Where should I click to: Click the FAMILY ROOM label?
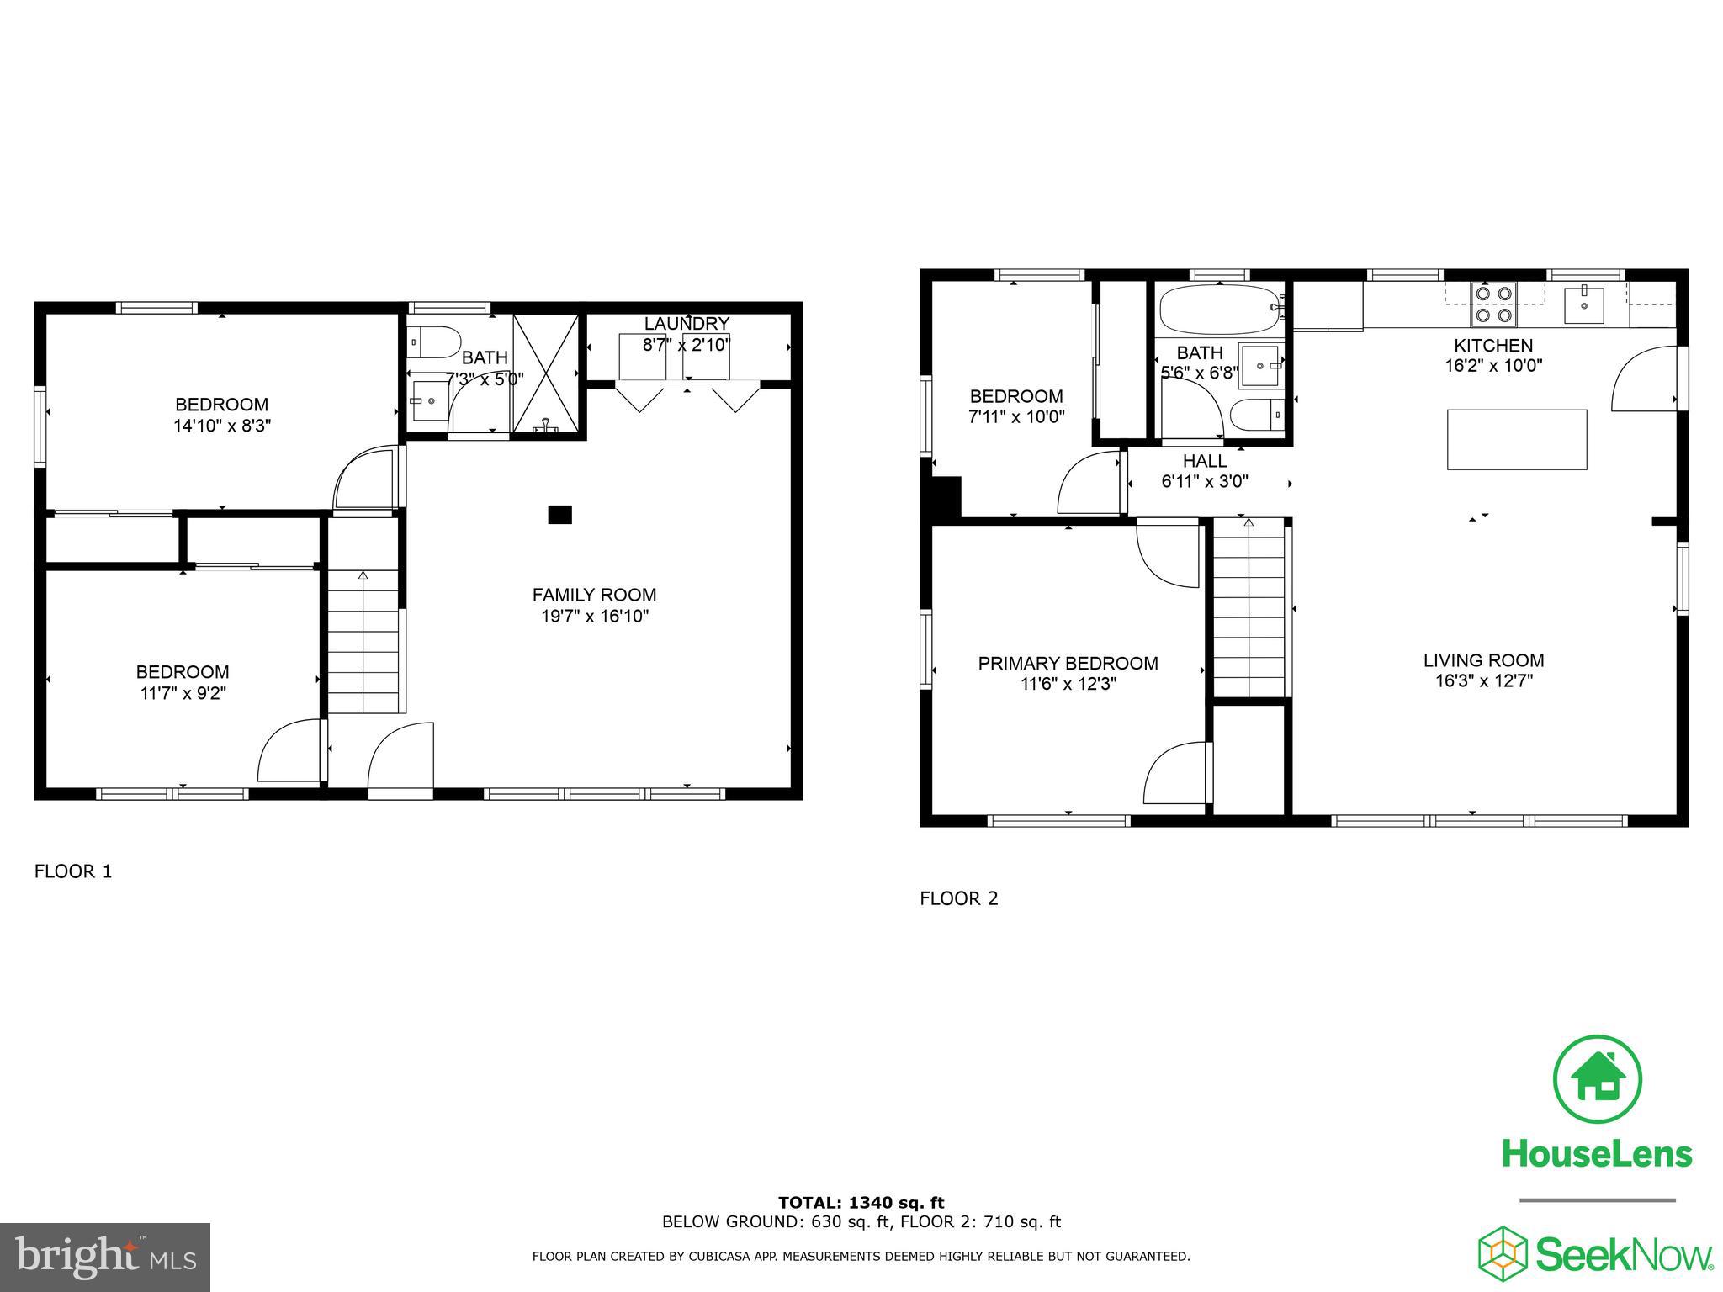tap(594, 595)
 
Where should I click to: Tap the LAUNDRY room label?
tap(687, 324)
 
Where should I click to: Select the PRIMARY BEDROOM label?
tap(1068, 664)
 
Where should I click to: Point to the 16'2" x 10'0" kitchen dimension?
tap(1493, 366)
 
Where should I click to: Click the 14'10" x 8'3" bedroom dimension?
tap(222, 426)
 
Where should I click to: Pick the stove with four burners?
tap(1493, 304)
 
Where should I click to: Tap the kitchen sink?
tap(1583, 305)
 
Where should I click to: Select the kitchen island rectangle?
tap(1517, 439)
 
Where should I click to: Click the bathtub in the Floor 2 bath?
tap(1219, 310)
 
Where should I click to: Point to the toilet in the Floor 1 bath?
tap(433, 342)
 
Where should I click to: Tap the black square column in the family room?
tap(560, 515)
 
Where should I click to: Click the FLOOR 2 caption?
tap(958, 898)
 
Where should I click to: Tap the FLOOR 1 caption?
tap(72, 871)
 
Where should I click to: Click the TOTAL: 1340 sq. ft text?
tap(861, 1203)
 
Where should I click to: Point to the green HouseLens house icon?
tap(1597, 1078)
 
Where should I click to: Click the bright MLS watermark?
tap(105, 1257)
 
